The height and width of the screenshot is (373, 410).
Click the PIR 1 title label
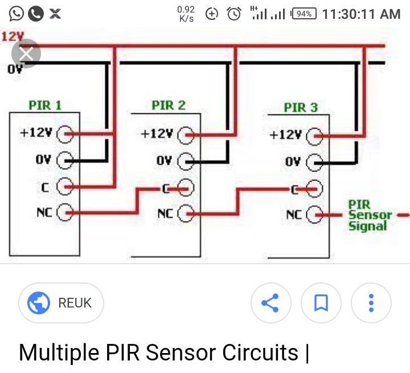45,105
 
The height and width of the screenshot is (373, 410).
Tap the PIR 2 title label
169,105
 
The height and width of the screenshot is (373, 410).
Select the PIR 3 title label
301,108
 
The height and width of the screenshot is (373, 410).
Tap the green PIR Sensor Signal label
370,215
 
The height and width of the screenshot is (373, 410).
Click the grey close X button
26,54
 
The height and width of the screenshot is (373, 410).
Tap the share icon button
271,303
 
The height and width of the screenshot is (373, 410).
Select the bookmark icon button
321,303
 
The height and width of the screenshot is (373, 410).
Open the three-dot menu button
371,303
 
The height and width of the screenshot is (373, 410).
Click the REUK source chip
61,303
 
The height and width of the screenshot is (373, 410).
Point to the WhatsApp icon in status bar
16,14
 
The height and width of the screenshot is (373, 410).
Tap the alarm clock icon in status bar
234,14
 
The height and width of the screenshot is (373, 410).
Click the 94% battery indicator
304,14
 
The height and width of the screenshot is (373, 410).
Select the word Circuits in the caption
260,352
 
